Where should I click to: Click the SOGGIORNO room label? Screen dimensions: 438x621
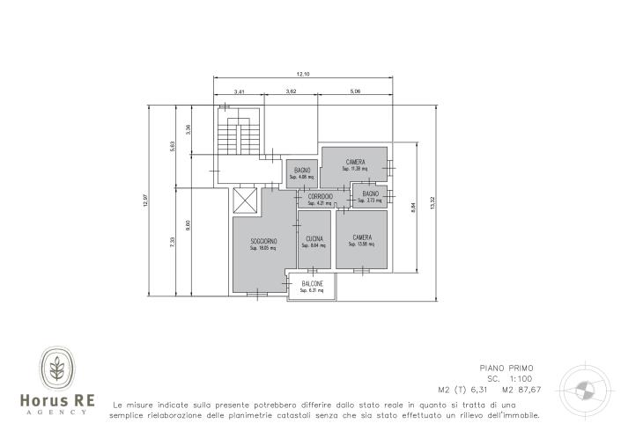pos(263,241)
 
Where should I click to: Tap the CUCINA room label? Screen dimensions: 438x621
pos(314,239)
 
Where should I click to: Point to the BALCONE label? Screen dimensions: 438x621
pos(312,283)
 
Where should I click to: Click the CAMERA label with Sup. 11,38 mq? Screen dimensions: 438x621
pos(355,162)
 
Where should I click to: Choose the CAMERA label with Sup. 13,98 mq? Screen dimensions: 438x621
pos(361,237)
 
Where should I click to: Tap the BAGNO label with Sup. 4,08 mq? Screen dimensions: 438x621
pos(301,170)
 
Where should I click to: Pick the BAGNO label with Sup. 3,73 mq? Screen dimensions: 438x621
pos(370,193)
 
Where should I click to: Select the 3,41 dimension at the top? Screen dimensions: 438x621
pos(240,91)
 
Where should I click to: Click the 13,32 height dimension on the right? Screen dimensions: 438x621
pos(432,203)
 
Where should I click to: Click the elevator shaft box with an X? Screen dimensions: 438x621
pos(243,200)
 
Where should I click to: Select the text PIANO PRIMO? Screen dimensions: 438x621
pos(506,369)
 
